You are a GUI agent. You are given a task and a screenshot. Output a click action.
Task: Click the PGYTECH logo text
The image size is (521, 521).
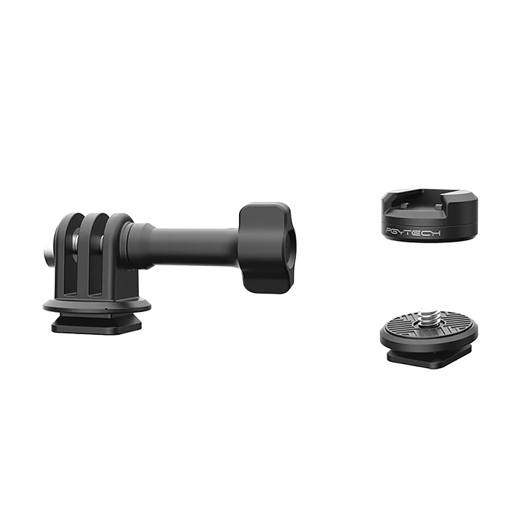click(413, 232)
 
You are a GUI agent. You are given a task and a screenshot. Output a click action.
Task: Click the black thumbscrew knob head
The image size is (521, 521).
click(265, 247)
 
